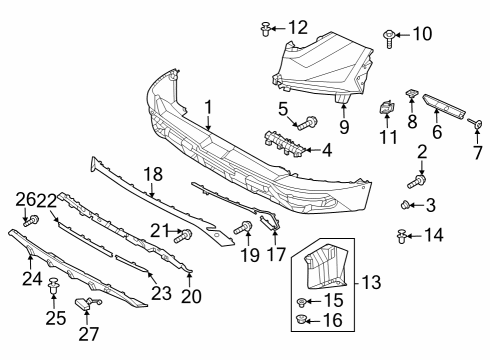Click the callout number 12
pos(298,28)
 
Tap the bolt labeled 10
pos(389,39)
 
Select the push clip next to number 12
pos(265,29)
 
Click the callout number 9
pos(344,128)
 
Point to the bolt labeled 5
pos(307,123)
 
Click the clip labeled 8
pos(412,93)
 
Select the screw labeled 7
pos(475,124)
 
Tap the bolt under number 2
pos(417,181)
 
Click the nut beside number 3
pos(405,205)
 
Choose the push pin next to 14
pos(402,236)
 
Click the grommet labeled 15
pos(301,302)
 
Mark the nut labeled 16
pos(301,321)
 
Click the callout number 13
pos(371,283)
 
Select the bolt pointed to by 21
pos(183,235)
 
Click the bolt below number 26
pos(31,221)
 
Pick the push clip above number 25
pos(53,286)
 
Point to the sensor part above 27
pos(87,304)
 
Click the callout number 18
pos(153,175)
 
